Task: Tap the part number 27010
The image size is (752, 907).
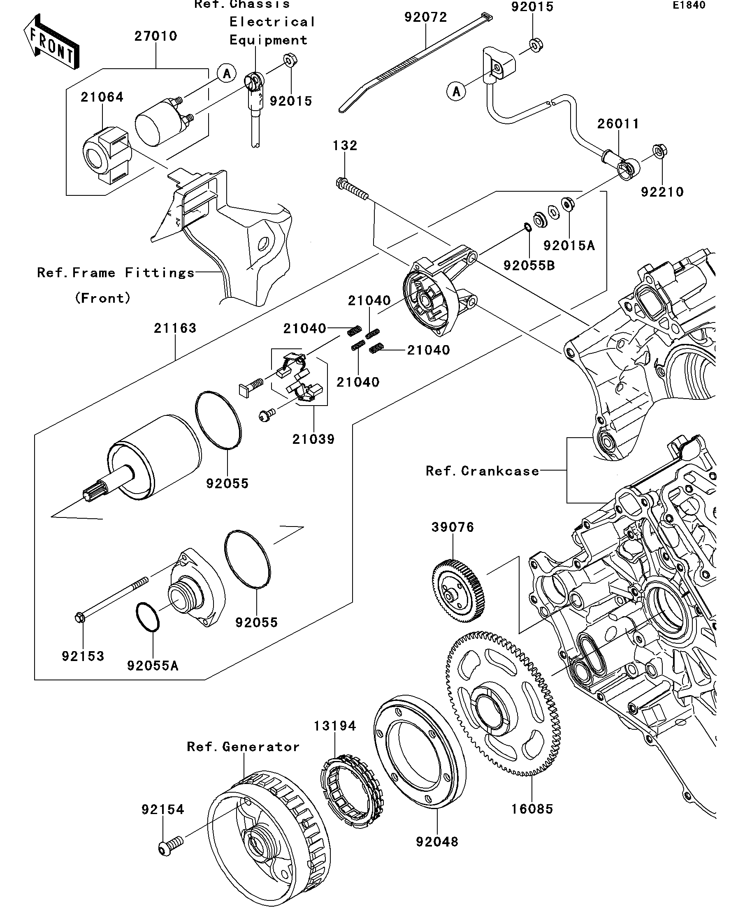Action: [156, 36]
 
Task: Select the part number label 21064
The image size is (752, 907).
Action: [102, 97]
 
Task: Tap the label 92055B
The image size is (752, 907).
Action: [529, 266]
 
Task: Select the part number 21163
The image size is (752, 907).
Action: [175, 328]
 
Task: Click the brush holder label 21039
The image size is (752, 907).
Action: [313, 439]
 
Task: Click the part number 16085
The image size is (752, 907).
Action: [532, 809]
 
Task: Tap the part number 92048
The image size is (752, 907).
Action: [437, 841]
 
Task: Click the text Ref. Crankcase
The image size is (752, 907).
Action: [483, 471]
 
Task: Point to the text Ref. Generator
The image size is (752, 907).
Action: [243, 747]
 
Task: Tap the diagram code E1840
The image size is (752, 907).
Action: [689, 5]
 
